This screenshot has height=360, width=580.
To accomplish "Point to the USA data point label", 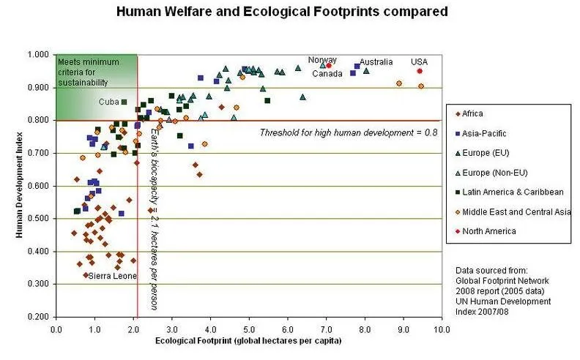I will pyautogui.click(x=419, y=61).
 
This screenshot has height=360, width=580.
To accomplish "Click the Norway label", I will pyautogui.click(x=322, y=60).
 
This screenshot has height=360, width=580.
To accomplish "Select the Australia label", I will pyautogui.click(x=376, y=61).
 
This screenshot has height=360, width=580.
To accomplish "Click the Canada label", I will pyautogui.click(x=327, y=73).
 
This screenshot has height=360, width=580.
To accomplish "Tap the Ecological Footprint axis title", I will pyautogui.click(x=249, y=340).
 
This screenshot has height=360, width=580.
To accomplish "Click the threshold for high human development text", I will pyautogui.click(x=349, y=132).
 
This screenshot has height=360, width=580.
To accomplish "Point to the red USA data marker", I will pyautogui.click(x=420, y=71).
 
